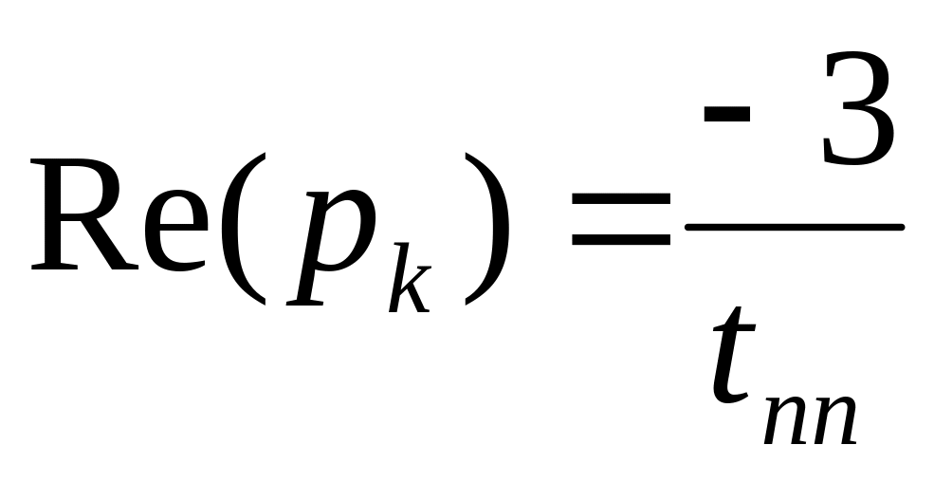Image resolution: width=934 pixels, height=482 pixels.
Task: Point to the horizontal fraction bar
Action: [x=793, y=227]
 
